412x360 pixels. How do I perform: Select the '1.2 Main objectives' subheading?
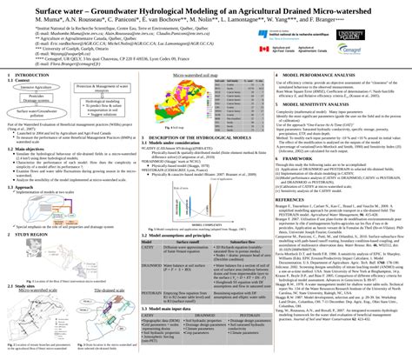click(34, 149)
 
